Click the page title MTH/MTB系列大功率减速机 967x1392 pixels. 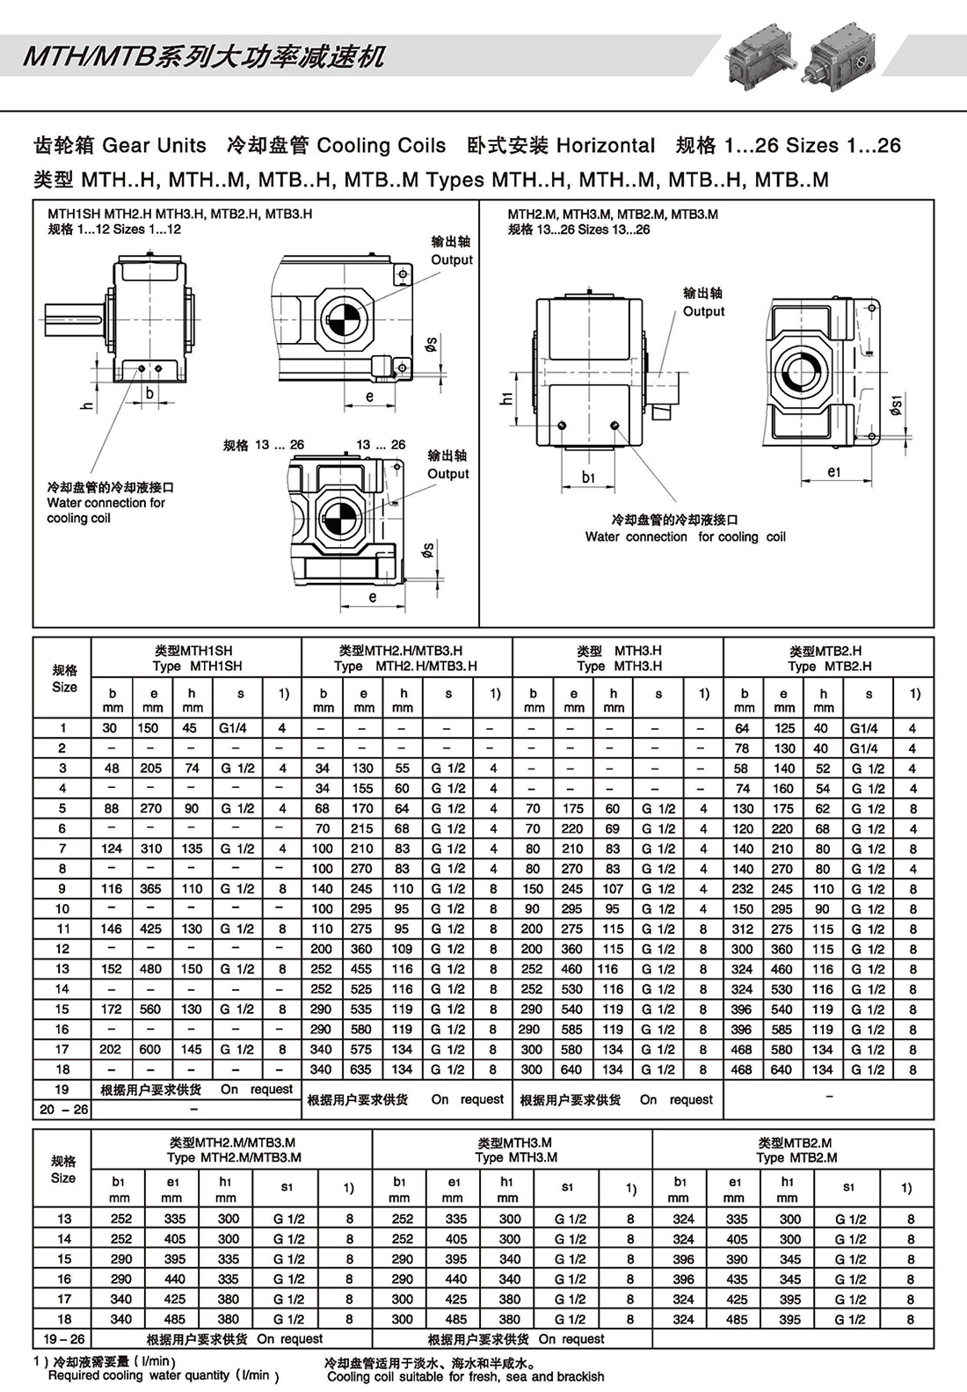[x=204, y=57]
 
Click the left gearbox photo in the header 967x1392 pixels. [x=759, y=55]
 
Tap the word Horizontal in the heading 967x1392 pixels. [x=606, y=145]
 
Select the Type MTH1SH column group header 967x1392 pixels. [x=195, y=658]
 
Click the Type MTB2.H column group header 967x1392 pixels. [x=828, y=658]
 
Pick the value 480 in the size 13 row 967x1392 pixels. [x=151, y=968]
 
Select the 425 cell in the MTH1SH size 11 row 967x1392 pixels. [x=151, y=929]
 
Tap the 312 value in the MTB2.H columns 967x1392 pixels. [x=743, y=929]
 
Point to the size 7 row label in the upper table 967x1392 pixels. [x=62, y=849]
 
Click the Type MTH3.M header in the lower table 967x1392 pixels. [x=514, y=1149]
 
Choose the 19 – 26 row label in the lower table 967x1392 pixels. [x=62, y=1338]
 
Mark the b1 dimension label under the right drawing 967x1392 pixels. [x=588, y=477]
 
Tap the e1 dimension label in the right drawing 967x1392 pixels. [x=834, y=471]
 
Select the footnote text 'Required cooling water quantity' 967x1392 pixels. [x=164, y=1375]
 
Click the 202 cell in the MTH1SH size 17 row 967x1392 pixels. [x=111, y=1049]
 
